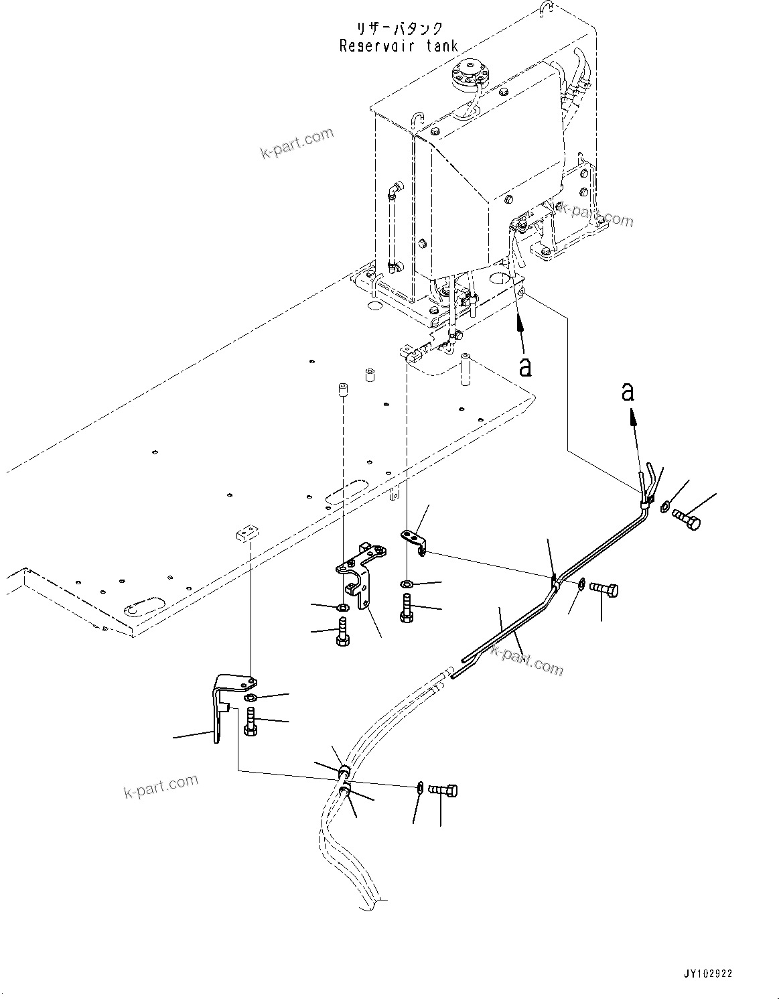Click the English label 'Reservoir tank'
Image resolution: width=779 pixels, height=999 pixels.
point(399,46)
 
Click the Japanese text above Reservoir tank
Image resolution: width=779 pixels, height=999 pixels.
point(399,28)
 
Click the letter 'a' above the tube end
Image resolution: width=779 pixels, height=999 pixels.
point(628,391)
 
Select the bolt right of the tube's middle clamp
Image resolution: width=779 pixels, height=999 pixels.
point(606,590)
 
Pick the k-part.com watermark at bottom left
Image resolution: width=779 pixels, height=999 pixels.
point(161,786)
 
